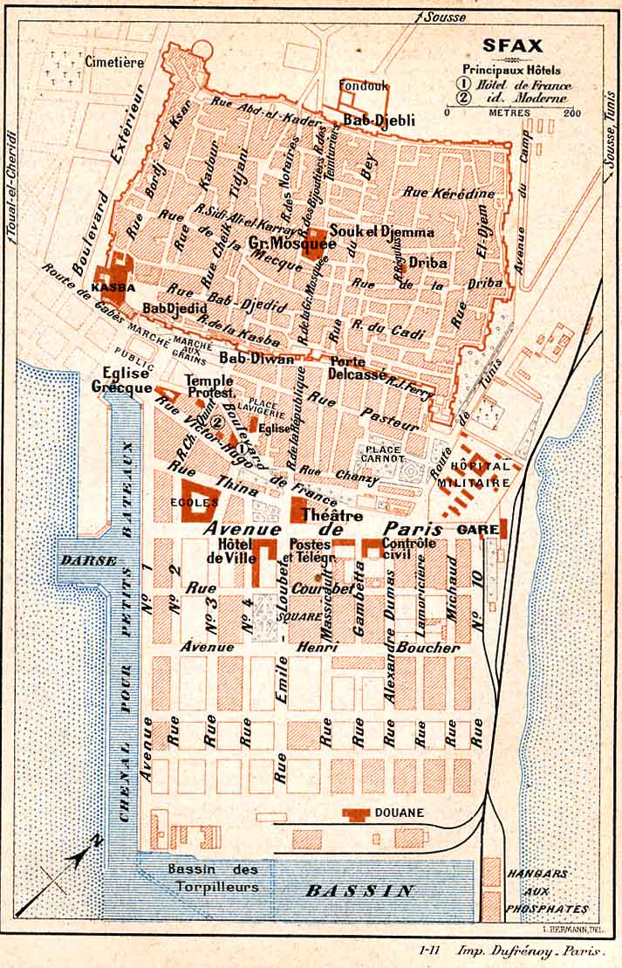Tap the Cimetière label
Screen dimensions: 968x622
tap(113, 62)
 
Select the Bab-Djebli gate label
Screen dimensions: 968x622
tap(379, 120)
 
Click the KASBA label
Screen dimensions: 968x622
tap(114, 287)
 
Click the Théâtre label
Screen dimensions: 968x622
tap(331, 516)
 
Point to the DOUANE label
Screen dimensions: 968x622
tap(400, 813)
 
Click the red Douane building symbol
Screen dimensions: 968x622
tap(356, 814)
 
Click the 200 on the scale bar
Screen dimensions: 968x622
tap(572, 113)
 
